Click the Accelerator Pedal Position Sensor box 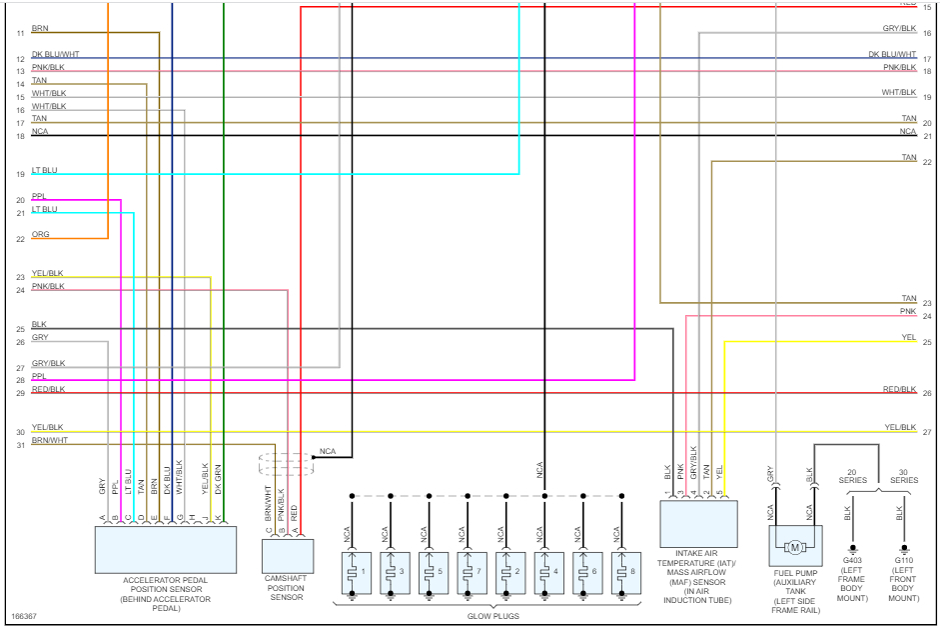[165, 549]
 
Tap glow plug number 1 [352, 572]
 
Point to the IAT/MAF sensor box [698, 524]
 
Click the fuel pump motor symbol [795, 547]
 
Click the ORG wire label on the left [40, 234]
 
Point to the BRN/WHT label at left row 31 [49, 440]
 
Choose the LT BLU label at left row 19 [44, 170]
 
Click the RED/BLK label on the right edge [899, 388]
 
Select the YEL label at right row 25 [908, 337]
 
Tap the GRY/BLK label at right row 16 [899, 28]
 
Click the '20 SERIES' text [852, 475]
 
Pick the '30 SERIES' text [904, 475]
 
